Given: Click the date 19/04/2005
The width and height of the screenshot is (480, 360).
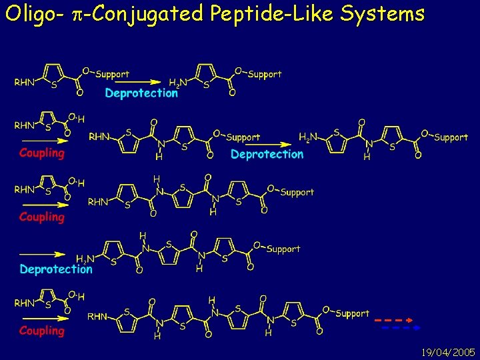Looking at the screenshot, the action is [x=448, y=351].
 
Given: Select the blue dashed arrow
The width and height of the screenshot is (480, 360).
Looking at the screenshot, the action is [x=397, y=328].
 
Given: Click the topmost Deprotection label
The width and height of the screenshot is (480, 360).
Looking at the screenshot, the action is [x=141, y=93].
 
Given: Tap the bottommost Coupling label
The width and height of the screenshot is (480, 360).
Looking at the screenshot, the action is [x=42, y=331].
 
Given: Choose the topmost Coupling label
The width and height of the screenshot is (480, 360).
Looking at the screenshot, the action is [x=42, y=153].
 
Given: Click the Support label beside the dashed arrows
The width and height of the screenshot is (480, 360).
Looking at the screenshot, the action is [x=353, y=313].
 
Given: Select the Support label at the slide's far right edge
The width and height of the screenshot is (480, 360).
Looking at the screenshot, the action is [x=451, y=137].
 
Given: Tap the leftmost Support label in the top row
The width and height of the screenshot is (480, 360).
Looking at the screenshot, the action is [x=113, y=74].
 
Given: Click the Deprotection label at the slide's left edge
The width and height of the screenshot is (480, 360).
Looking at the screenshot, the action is [x=56, y=269].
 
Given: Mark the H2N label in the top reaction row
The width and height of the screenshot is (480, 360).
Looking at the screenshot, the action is [x=178, y=83].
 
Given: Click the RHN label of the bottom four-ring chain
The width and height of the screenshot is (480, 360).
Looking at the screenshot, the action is [x=97, y=316].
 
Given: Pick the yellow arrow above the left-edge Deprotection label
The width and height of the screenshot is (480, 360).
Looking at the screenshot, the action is [x=42, y=253].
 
